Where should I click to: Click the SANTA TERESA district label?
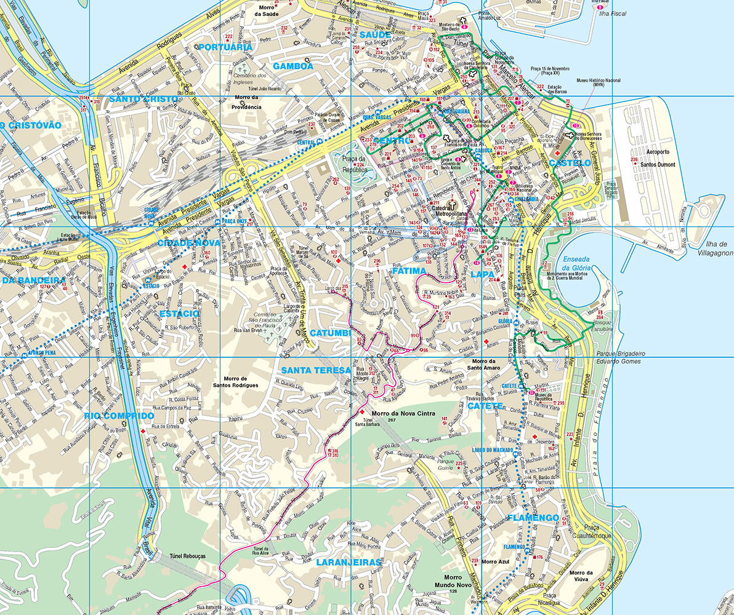[315, 371]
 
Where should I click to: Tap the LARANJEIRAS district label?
[349, 562]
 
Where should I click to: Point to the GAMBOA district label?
[293, 66]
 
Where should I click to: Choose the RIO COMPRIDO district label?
[119, 416]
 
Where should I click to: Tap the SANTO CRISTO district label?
[143, 98]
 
